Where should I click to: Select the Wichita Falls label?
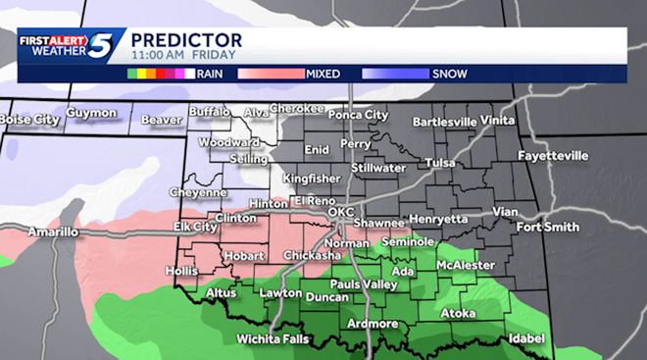tap(274, 339)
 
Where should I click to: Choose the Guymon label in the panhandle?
tap(92, 113)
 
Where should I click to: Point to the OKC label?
tap(340, 212)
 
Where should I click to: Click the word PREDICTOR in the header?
tap(186, 39)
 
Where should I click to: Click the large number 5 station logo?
tap(103, 46)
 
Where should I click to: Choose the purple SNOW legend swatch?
tap(394, 74)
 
